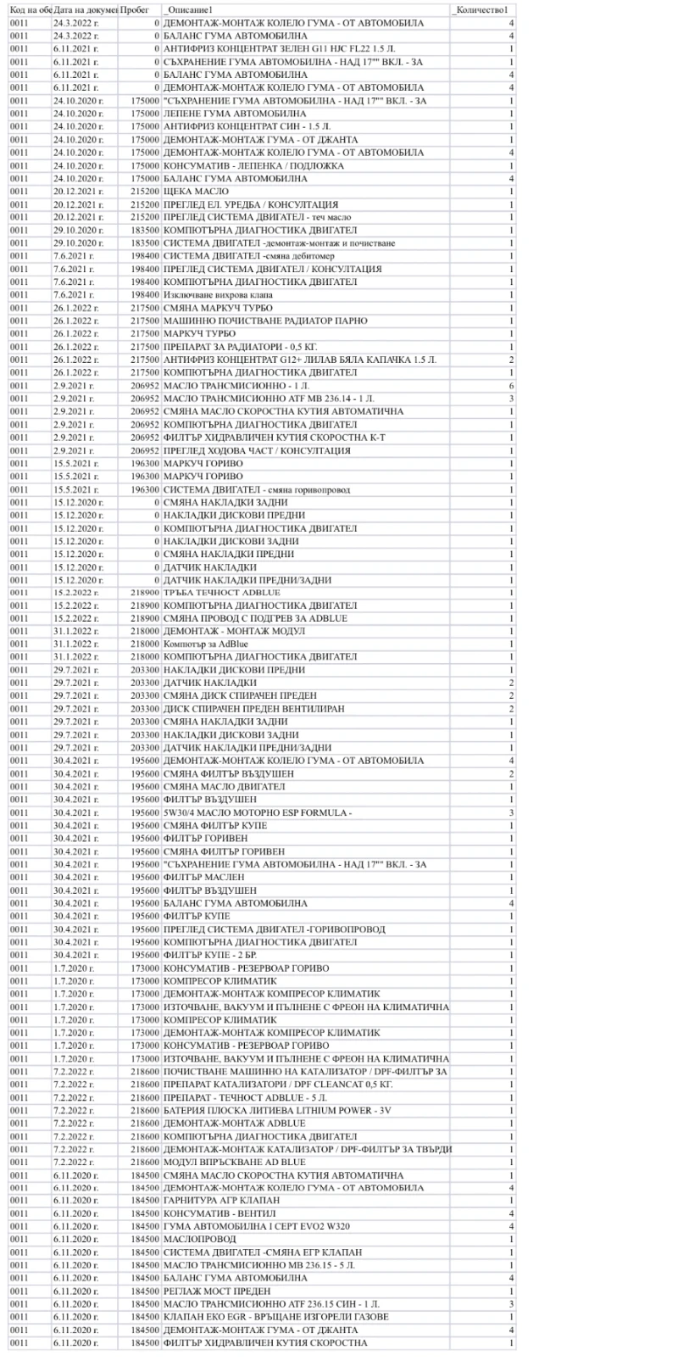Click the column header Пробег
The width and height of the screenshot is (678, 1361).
(136, 9)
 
